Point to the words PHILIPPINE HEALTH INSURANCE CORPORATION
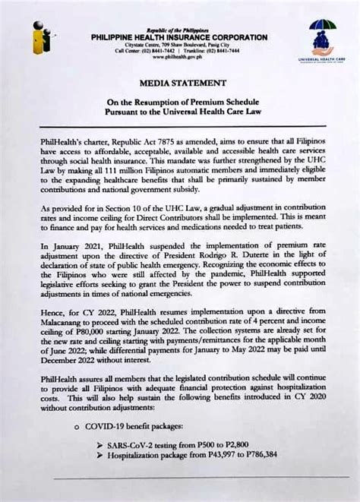179,37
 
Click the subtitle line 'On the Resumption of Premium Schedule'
179,101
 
